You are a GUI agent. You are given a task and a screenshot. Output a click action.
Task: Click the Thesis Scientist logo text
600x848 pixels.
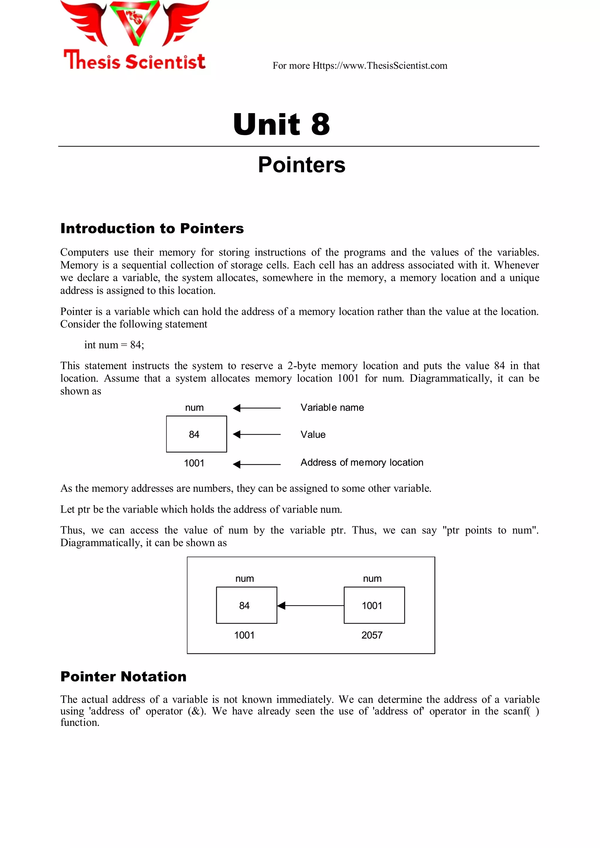tap(134, 61)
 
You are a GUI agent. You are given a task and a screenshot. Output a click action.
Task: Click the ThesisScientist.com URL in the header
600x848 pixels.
tap(380, 66)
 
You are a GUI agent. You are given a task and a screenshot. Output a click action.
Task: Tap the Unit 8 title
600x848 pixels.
tap(282, 124)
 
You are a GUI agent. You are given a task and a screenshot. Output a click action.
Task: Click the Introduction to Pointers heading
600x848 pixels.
tap(152, 228)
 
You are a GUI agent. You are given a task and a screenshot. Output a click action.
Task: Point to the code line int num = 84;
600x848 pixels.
tap(114, 345)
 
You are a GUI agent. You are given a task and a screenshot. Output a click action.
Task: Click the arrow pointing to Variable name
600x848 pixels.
tap(256, 408)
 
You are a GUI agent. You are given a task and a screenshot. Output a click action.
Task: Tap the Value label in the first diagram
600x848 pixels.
tap(313, 435)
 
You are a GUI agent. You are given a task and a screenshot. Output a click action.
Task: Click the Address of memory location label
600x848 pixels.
tap(362, 463)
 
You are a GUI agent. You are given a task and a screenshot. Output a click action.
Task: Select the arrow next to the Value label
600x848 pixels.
tap(256, 435)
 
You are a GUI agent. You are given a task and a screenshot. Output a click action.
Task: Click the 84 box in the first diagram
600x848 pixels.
tap(196, 434)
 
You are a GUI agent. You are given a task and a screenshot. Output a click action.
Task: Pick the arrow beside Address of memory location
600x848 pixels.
tap(256, 465)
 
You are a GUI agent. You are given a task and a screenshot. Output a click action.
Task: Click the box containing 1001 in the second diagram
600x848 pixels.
tap(374, 606)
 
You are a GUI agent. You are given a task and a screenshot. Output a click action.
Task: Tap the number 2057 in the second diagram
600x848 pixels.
tap(372, 635)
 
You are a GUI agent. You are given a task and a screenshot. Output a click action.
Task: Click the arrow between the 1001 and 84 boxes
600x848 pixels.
tap(310, 606)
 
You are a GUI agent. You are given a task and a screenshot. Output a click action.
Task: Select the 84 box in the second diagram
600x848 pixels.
tap(246, 606)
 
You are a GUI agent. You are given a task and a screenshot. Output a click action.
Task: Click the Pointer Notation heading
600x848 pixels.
tap(123, 677)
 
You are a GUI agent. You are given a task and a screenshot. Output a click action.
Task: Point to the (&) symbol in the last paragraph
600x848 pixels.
tap(197, 711)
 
